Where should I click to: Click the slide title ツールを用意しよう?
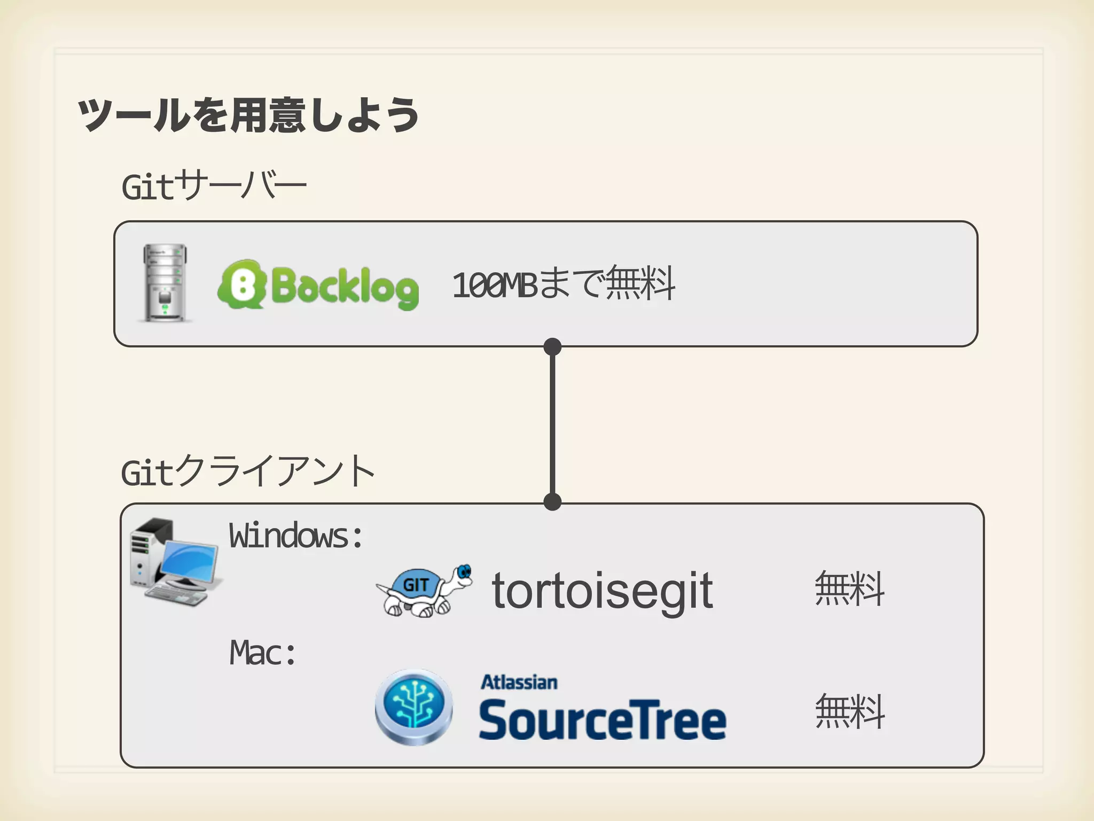coord(248,115)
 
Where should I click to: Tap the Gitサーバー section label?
coord(214,186)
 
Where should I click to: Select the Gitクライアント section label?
coord(248,471)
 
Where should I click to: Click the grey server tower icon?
coord(165,283)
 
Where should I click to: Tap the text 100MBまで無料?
coord(564,284)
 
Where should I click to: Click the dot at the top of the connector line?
coord(552,347)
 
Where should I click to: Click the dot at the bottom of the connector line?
coord(552,502)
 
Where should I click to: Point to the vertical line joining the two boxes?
coord(552,425)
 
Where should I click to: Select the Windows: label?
coord(296,536)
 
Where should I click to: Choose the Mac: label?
coord(263,653)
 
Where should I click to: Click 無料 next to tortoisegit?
coord(849,588)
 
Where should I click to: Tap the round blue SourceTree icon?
coord(414,706)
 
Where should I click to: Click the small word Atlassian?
coord(519,683)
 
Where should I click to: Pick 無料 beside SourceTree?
coord(849,711)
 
